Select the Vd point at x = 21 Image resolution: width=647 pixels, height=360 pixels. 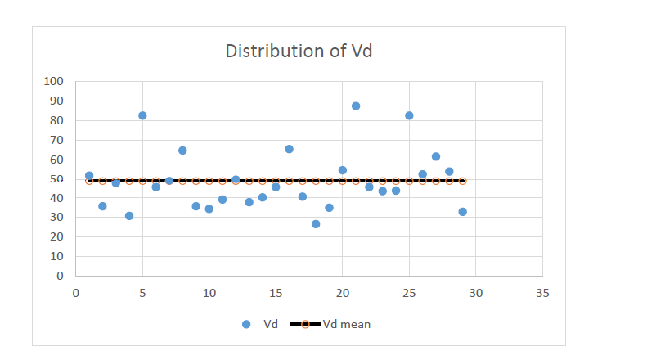tap(356, 106)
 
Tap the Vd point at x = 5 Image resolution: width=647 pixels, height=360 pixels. tap(142, 115)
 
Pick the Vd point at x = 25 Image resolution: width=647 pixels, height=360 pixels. tap(409, 115)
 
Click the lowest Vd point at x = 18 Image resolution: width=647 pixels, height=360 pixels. tap(316, 224)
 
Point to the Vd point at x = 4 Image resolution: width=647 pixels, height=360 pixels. tap(129, 216)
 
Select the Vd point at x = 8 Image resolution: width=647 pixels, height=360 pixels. tap(182, 151)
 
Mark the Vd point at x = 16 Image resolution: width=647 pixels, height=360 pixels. tap(289, 149)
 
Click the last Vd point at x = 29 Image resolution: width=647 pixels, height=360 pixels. tap(462, 212)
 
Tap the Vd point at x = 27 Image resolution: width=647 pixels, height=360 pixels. tap(436, 156)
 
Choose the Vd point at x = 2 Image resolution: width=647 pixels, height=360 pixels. tap(102, 206)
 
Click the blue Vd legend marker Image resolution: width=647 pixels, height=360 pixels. tap(246, 325)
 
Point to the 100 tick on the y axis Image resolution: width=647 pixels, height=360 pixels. tap(53, 82)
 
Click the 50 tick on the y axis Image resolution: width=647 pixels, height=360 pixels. tap(56, 179)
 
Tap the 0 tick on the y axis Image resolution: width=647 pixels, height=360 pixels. tap(59, 276)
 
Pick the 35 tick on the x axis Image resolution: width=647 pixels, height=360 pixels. tap(541, 292)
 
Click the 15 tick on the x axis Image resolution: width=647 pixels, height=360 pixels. tap(276, 292)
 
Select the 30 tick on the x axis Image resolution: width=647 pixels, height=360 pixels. tap(475, 292)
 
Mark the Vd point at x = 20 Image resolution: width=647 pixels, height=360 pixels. tap(342, 170)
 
